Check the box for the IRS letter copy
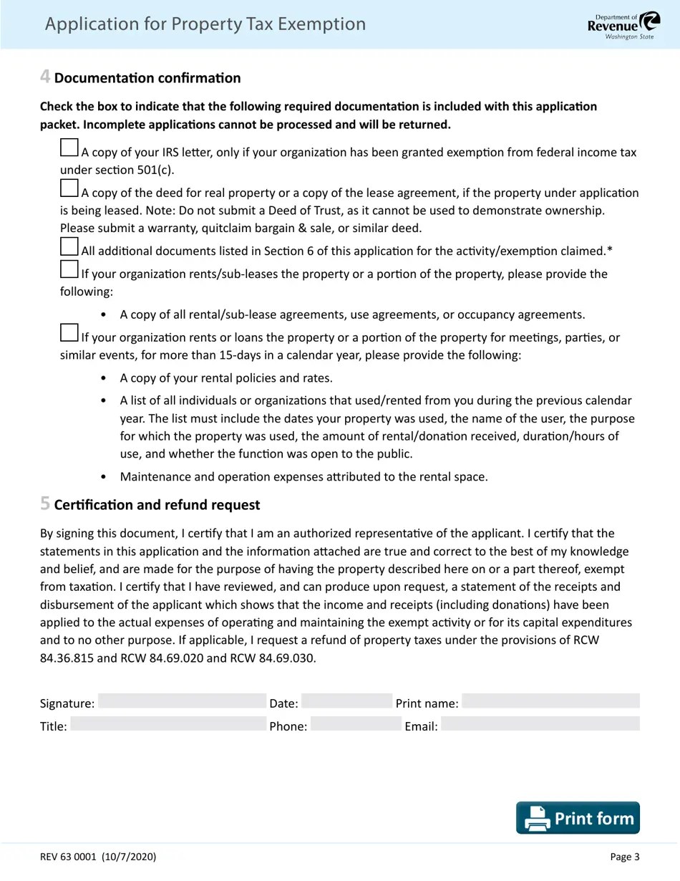click(69, 148)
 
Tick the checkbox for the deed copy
click(69, 188)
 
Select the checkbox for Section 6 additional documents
click(69, 247)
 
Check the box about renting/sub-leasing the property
click(69, 270)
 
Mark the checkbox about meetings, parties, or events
click(69, 333)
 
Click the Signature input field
click(182, 701)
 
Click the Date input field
click(347, 701)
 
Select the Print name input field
click(550, 701)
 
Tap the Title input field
click(168, 724)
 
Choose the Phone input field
click(356, 724)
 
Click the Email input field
click(540, 724)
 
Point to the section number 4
click(45, 77)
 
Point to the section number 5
click(45, 504)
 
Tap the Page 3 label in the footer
click(625, 857)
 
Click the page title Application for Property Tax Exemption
click(205, 24)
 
